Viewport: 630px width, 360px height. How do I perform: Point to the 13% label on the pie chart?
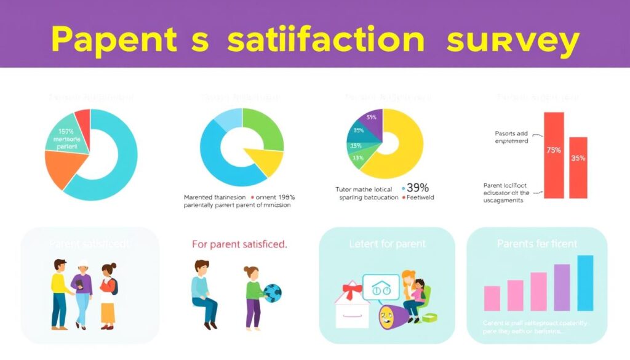coord(357,158)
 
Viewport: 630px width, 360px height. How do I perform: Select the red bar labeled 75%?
coord(554,154)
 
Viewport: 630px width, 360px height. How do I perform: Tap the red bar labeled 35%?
coord(578,167)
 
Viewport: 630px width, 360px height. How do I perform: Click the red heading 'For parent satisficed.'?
coord(239,244)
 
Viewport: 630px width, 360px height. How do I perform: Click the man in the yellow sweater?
coord(58,292)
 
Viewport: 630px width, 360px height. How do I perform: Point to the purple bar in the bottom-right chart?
coord(562,287)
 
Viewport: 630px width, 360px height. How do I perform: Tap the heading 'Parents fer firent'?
coord(537,244)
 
